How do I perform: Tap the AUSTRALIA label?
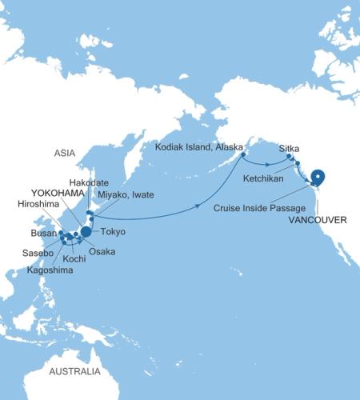pos(74,372)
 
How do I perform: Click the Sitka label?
pos(290,149)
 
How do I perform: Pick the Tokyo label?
pos(113,232)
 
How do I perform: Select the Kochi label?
pos(74,260)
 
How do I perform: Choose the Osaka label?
pos(102,251)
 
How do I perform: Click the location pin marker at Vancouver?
pos(318,178)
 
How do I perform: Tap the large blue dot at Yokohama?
pos(86,233)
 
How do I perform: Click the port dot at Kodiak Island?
pos(242,144)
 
